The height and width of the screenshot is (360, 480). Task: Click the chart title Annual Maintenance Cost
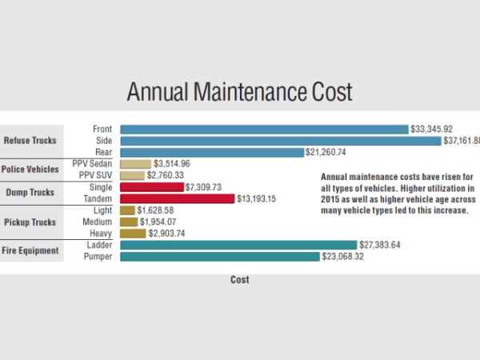pyautogui.click(x=239, y=92)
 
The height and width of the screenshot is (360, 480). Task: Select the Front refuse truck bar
pyautogui.click(x=264, y=129)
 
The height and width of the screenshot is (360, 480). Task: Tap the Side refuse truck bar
pyautogui.click(x=280, y=141)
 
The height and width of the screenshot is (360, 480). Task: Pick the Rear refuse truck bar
pyautogui.click(x=212, y=152)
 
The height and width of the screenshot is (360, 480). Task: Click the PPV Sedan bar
pyautogui.click(x=135, y=164)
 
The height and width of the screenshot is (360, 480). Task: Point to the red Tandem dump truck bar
pyautogui.click(x=177, y=198)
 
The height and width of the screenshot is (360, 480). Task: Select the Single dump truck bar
pyautogui.click(x=151, y=187)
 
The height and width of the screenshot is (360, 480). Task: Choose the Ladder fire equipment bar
pyautogui.click(x=238, y=245)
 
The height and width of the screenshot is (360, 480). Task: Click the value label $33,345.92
pyautogui.click(x=432, y=129)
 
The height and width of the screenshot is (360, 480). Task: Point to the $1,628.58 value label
pyautogui.click(x=156, y=210)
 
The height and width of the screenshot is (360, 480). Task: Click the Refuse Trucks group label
pyautogui.click(x=30, y=141)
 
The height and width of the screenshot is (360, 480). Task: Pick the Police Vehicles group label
pyautogui.click(x=30, y=170)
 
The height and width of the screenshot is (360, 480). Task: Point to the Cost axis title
pyautogui.click(x=239, y=280)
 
